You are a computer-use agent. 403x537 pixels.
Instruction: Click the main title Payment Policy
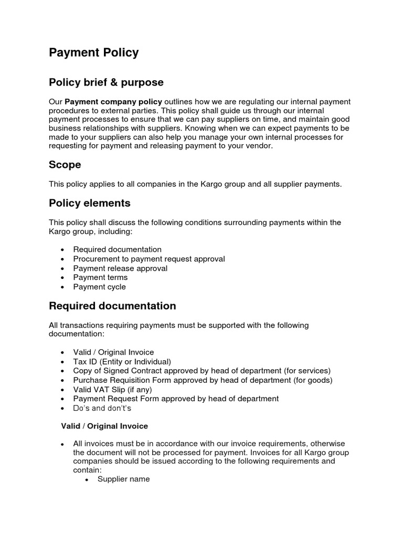[x=94, y=53]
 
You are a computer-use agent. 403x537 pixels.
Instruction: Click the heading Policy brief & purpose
[x=106, y=82]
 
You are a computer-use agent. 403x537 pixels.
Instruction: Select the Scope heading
[x=65, y=165]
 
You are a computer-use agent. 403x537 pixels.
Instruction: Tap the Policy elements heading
[x=90, y=203]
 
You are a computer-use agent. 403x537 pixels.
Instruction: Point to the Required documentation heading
[x=112, y=306]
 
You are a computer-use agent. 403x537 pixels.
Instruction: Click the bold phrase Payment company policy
[x=114, y=101]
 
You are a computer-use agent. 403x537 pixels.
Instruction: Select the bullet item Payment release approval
[x=120, y=268]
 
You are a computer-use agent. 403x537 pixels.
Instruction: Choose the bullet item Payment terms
[x=100, y=277]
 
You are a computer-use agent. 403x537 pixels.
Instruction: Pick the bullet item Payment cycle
[x=100, y=287]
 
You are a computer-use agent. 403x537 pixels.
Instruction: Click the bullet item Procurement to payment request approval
[x=149, y=259]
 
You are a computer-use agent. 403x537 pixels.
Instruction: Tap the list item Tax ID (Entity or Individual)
[x=122, y=361]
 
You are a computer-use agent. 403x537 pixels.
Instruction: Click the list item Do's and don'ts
[x=102, y=408]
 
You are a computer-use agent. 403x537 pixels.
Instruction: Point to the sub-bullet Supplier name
[x=124, y=479]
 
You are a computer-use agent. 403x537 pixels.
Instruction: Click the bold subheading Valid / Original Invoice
[x=104, y=426]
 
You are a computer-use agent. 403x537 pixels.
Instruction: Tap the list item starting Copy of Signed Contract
[x=202, y=371]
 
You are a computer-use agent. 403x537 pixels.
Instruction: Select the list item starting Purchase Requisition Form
[x=203, y=380]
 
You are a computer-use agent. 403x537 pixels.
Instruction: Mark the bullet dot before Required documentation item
[x=63, y=250]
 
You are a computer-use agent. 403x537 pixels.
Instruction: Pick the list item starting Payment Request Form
[x=176, y=399]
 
